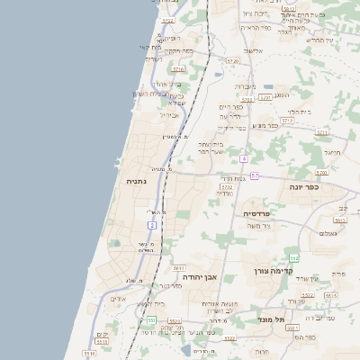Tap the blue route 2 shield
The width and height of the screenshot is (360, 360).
tap(152, 224)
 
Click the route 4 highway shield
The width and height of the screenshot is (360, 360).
tap(243, 158)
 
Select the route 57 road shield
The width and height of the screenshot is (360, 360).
tap(255, 175)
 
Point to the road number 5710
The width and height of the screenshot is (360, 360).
tap(178, 68)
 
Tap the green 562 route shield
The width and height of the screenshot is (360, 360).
tap(293, 257)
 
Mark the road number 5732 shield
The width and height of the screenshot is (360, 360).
tap(226, 187)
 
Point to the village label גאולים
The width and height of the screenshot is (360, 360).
tap(328, 233)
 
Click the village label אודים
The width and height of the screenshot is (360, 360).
tap(118, 299)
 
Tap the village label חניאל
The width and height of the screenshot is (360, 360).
tap(332, 153)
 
